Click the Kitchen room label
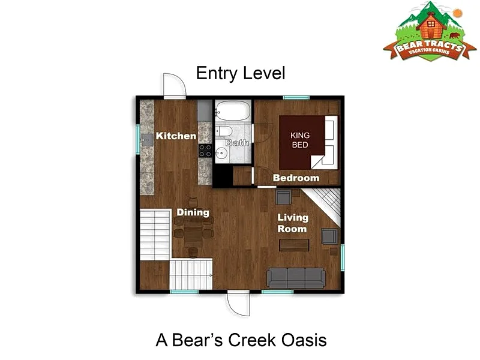[176, 136]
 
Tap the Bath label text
[237, 143]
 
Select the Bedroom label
[296, 178]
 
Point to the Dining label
[193, 212]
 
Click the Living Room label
[293, 223]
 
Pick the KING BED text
[300, 140]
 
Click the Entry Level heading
[241, 73]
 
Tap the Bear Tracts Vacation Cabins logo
[430, 31]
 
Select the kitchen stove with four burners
[205, 151]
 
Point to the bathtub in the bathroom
[233, 110]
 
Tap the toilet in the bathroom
[224, 131]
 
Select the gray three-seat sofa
[296, 278]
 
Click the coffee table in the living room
[294, 245]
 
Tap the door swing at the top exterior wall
[175, 86]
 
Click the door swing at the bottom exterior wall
[238, 304]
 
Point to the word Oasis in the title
[304, 340]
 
